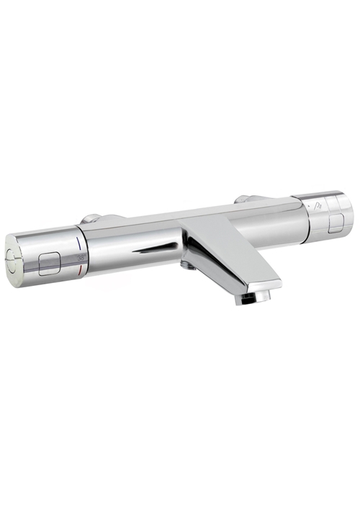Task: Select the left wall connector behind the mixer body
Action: [91, 218]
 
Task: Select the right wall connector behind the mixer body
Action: [243, 198]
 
